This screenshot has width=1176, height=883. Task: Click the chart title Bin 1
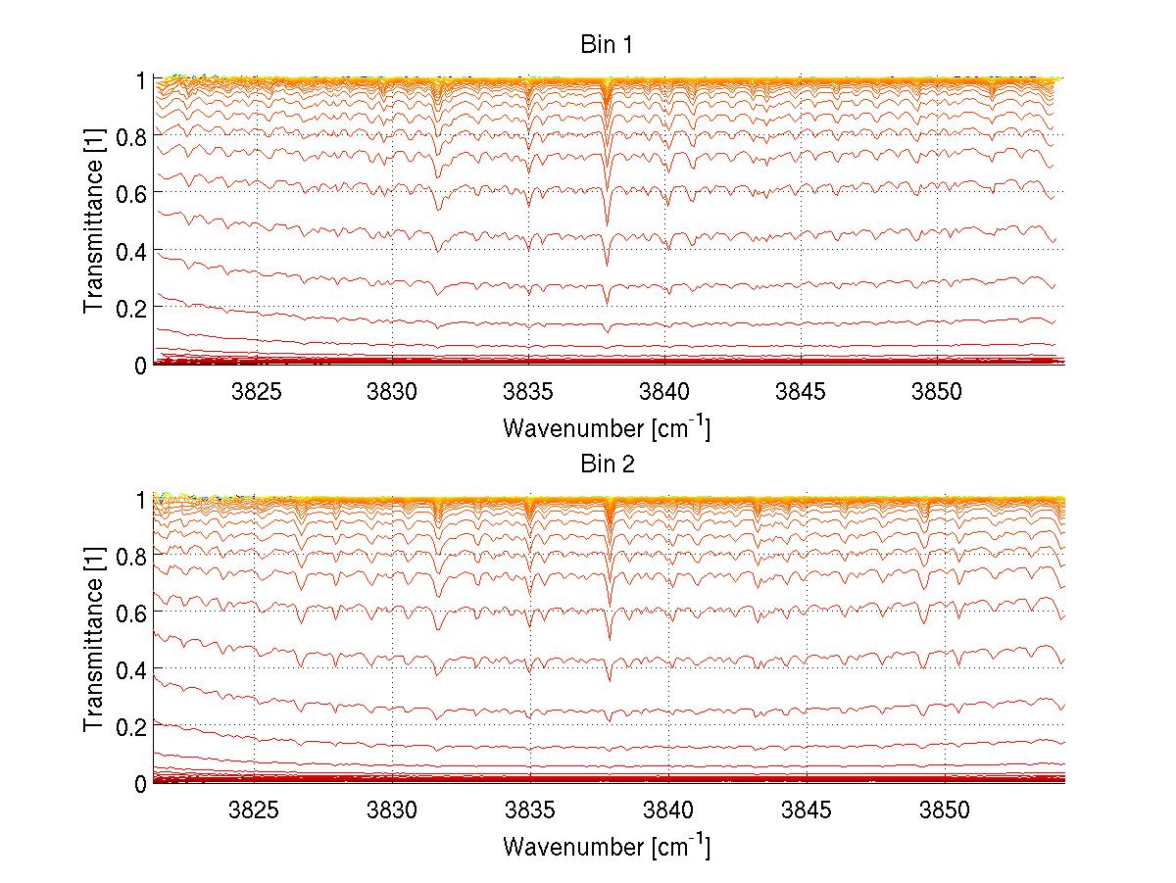coord(607,45)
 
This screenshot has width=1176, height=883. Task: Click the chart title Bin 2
coord(607,464)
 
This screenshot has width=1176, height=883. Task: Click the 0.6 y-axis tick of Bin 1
coord(130,193)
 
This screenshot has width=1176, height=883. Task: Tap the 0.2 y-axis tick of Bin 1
coord(130,308)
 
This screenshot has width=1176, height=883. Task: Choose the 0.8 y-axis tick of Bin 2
coord(130,555)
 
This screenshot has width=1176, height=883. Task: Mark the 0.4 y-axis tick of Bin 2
coord(130,669)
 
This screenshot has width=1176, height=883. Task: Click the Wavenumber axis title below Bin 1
coord(607,428)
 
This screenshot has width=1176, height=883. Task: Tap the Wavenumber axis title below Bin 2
coord(607,846)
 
